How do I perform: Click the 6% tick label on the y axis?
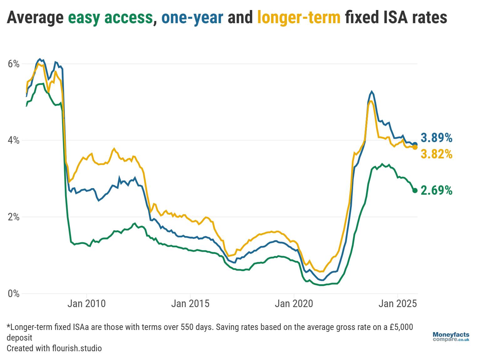[x=13, y=64]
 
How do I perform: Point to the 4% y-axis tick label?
[x=13, y=140]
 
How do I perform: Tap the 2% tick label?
[x=13, y=217]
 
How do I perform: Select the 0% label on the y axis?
[x=13, y=294]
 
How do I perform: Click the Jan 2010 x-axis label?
[x=86, y=304]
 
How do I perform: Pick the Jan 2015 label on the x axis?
[x=190, y=304]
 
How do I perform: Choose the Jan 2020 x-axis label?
[x=294, y=304]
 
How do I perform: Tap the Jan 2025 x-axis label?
[x=397, y=304]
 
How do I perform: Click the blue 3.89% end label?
[x=436, y=138]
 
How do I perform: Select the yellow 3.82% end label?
[x=436, y=154]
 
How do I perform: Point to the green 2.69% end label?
[x=436, y=190]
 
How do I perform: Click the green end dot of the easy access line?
[x=415, y=191]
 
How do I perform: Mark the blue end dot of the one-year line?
[x=415, y=144]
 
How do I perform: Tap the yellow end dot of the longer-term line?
[x=415, y=147]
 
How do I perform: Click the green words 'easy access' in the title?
[x=110, y=18]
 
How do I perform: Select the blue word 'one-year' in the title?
[x=192, y=18]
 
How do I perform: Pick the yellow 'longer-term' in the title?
[x=299, y=18]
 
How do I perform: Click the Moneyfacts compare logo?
[x=451, y=337]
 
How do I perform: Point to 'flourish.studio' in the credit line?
[x=77, y=348]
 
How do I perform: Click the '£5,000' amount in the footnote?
[x=401, y=327]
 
